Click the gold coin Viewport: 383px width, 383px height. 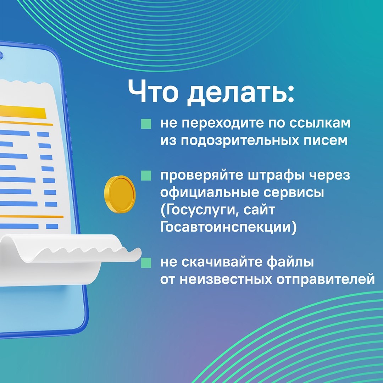coord(120,194)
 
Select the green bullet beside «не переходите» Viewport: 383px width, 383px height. coord(146,124)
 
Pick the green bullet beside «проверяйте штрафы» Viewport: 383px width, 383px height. coord(146,176)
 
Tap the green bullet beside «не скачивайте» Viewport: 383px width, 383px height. coord(146,262)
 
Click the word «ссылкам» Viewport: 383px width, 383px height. coord(320,123)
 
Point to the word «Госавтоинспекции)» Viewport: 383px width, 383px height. coord(228,227)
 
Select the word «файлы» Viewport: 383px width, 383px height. coord(290,262)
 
